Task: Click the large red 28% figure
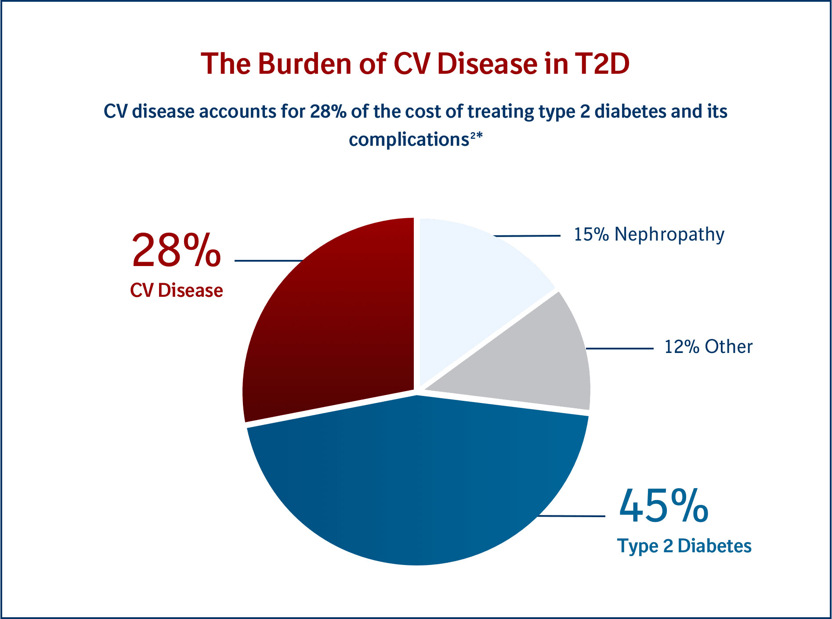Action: (x=176, y=251)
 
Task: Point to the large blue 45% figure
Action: (x=663, y=507)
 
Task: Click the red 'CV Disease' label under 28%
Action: (x=176, y=291)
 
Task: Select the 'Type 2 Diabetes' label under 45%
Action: (x=684, y=546)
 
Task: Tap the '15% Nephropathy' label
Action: (x=649, y=235)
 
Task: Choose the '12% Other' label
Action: (x=708, y=347)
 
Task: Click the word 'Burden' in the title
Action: (x=305, y=64)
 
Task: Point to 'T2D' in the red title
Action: (x=602, y=64)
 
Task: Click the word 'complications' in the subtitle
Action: (x=409, y=140)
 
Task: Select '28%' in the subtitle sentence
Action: (x=328, y=112)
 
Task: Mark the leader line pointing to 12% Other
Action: (x=619, y=349)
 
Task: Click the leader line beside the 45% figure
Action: (x=571, y=516)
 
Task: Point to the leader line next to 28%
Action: (x=268, y=261)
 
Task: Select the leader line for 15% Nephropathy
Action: (x=527, y=236)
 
